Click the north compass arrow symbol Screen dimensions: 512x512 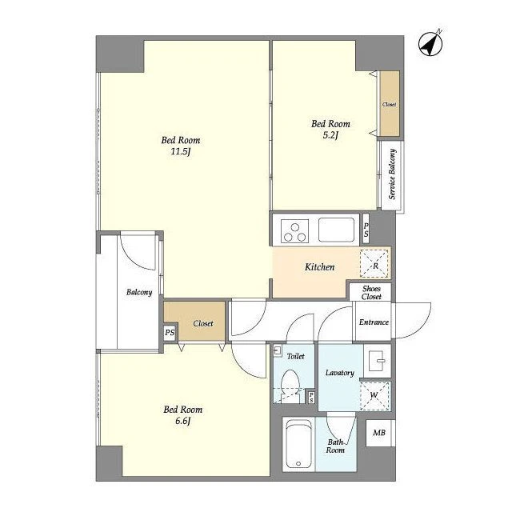click(430, 43)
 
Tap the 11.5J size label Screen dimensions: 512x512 click(181, 152)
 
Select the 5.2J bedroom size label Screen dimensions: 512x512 click(330, 135)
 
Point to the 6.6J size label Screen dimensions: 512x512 click(183, 422)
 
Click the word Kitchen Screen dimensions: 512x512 click(320, 267)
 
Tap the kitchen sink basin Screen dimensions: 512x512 click(336, 230)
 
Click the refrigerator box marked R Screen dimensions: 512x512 click(374, 263)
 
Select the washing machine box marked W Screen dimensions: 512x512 click(374, 395)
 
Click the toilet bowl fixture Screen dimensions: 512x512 click(290, 386)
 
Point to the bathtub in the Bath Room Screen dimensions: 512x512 click(298, 444)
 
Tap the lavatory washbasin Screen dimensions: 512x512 click(377, 361)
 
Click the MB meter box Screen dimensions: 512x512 click(379, 433)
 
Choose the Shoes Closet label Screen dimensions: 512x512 click(371, 293)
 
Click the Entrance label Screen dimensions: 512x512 click(374, 322)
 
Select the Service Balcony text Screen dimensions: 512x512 click(392, 174)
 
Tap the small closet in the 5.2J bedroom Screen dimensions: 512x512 click(390, 104)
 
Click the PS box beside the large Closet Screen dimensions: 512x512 click(170, 333)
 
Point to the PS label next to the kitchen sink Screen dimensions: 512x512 click(366, 230)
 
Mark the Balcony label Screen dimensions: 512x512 click(139, 292)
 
